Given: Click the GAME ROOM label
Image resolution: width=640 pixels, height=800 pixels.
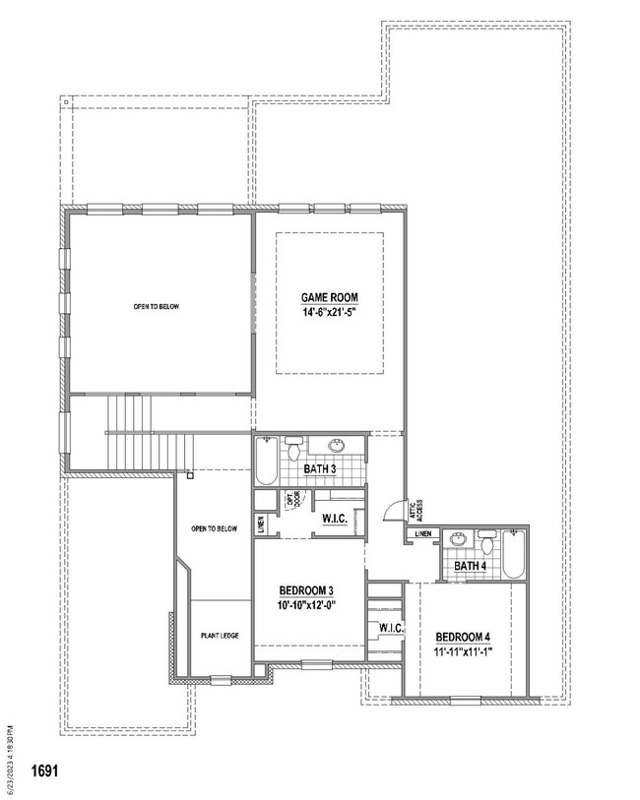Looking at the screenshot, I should tap(329, 297).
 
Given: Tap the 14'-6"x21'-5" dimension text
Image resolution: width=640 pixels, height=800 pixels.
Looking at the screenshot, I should tap(329, 312).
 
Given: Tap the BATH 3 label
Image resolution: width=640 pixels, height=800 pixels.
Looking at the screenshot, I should tap(320, 470).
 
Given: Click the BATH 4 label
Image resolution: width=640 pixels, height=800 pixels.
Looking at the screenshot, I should tap(471, 566).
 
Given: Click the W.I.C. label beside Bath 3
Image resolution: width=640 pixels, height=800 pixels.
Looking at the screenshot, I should tap(333, 518).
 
